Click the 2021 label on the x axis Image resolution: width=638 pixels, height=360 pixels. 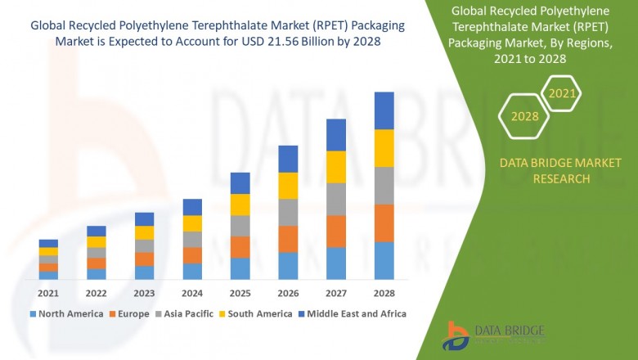click(x=48, y=292)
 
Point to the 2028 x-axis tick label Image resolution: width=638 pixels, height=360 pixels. click(x=384, y=292)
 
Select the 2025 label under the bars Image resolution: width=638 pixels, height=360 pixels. click(x=240, y=292)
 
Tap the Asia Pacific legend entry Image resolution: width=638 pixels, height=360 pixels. click(x=189, y=313)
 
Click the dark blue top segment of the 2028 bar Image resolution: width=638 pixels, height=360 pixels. click(x=384, y=110)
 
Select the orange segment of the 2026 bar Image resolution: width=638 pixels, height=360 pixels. click(x=288, y=239)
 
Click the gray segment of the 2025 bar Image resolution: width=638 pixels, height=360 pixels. click(x=240, y=226)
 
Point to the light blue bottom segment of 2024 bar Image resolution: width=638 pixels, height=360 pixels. click(x=192, y=272)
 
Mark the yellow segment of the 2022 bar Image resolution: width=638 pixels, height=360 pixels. click(x=97, y=242)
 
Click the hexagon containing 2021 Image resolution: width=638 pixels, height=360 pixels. click(x=562, y=94)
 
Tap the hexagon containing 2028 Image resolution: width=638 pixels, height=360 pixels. click(x=524, y=116)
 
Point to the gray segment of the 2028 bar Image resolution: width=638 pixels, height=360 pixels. click(x=384, y=186)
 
